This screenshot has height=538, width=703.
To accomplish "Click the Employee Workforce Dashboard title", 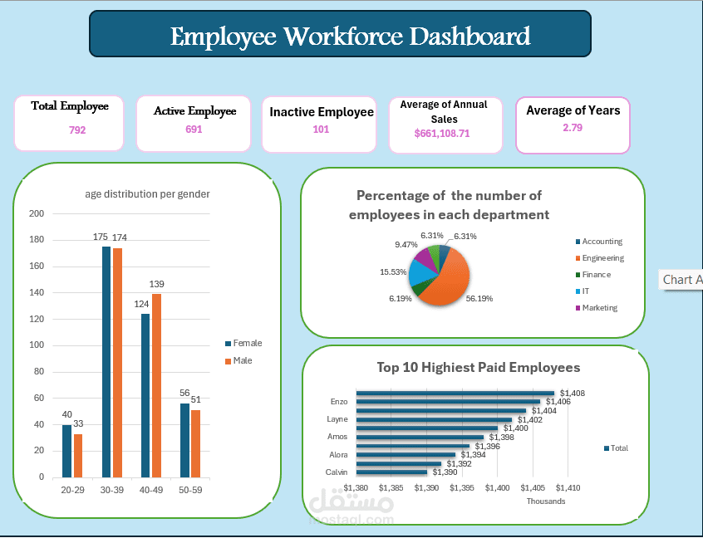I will click(x=350, y=37).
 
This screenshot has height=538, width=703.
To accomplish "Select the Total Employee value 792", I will click(x=77, y=130).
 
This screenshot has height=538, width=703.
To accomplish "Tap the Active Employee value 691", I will click(x=194, y=130).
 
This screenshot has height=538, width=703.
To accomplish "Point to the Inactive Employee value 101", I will click(x=321, y=129).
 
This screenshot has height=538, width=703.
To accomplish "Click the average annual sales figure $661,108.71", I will click(x=442, y=133).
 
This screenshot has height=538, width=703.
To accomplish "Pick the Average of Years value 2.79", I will click(x=573, y=127).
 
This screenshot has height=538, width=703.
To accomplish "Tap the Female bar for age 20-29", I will click(x=66, y=451).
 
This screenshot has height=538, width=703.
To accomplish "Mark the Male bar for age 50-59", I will click(x=196, y=443).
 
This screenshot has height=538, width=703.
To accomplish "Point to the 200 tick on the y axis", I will click(x=37, y=213).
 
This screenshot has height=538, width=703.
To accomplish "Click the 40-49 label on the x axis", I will click(x=151, y=491).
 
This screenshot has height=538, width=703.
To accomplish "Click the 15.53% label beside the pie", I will click(x=393, y=272).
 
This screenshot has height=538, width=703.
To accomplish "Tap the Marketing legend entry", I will click(x=599, y=308).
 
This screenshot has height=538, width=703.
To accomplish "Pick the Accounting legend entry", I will click(x=602, y=242).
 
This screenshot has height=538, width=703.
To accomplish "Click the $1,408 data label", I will click(x=572, y=393).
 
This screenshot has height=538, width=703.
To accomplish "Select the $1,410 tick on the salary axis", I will click(x=568, y=488).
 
